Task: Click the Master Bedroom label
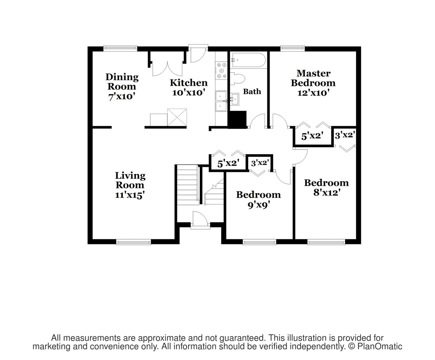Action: pos(313,78)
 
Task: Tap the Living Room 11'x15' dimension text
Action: pos(130,195)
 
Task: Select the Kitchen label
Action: pos(189,83)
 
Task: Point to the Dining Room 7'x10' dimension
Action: pos(122,97)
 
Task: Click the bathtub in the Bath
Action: pos(248,60)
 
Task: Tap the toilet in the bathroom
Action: pos(237,79)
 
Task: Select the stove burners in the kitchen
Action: pos(221,70)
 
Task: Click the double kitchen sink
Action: pos(221,101)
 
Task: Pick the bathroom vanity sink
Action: pos(234,99)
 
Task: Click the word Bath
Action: pos(252,91)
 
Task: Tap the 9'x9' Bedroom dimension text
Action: pos(259,205)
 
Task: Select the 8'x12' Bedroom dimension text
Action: pos(326,193)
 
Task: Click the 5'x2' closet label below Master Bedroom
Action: pos(312,136)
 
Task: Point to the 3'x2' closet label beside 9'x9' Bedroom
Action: pos(260,163)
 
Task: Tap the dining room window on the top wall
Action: pos(120,49)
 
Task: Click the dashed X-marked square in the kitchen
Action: pos(177,117)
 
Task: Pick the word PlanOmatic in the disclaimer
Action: pos(380,346)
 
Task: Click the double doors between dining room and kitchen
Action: pos(167,69)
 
